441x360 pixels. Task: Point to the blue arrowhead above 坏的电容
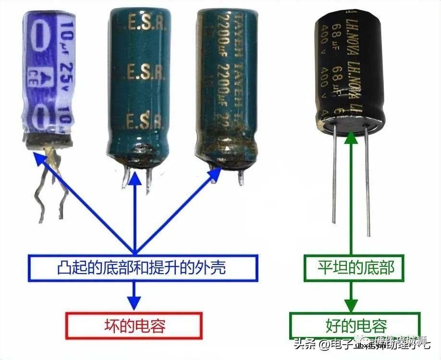pyautogui.click(x=135, y=303)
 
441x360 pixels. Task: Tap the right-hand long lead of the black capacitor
pyautogui.click(x=367, y=182)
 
